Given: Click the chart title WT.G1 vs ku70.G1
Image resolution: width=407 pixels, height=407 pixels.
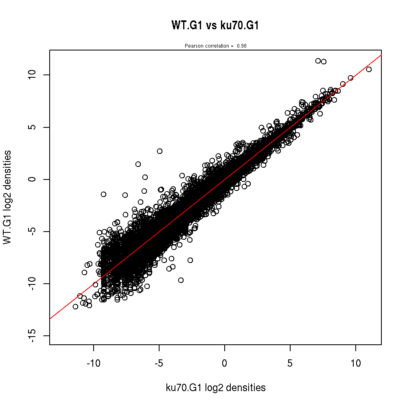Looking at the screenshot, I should coord(215,26).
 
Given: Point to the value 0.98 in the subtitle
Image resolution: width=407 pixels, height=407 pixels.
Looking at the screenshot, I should coord(242,46).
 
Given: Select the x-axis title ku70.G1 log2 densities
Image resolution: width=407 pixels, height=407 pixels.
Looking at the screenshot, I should coord(216,388).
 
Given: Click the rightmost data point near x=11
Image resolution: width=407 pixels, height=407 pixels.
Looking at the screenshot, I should coord(369,70).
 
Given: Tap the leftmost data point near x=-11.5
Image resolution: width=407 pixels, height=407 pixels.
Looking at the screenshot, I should coord(75,306).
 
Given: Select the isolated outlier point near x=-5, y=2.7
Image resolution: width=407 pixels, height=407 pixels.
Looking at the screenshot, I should coord(160,151).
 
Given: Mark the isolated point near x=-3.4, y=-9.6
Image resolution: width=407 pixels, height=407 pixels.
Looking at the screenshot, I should coord(181,280).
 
